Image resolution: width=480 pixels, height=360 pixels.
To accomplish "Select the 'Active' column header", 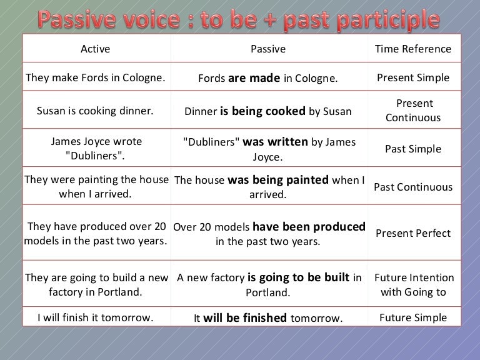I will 95,49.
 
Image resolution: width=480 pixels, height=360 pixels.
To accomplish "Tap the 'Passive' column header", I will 267,49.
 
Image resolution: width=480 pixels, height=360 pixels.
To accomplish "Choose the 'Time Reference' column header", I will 412,49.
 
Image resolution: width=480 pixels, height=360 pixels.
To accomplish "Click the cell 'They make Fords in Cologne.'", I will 95,78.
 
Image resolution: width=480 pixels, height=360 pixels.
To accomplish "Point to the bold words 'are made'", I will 254,79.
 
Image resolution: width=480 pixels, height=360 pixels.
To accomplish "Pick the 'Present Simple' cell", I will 412,78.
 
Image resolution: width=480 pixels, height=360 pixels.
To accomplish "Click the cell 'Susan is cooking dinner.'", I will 95,111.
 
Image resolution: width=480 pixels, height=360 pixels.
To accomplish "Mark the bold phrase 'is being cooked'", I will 262,112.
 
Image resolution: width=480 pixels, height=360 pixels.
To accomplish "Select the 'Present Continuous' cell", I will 412,111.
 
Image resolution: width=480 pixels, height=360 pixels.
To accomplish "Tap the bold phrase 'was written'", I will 275,142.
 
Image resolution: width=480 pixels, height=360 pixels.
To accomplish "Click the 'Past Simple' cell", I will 412,149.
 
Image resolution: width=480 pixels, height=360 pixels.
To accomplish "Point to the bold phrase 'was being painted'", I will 278,180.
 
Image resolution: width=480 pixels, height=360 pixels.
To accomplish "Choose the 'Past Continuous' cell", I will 412,187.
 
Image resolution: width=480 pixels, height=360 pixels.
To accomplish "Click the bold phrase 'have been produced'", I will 309,227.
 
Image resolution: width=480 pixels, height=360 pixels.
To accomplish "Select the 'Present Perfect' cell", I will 412,233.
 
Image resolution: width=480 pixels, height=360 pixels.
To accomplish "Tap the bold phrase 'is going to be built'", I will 298,277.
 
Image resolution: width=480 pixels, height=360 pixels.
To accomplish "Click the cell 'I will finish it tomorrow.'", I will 95,317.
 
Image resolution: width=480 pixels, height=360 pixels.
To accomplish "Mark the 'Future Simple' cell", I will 412,317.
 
